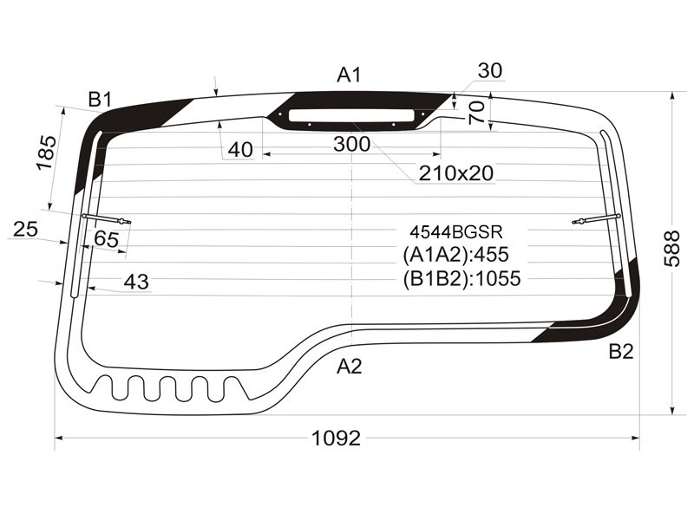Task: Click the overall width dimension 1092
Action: coord(337,439)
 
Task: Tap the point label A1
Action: coord(350,75)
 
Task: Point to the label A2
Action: coord(350,366)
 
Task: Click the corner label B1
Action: coord(100,100)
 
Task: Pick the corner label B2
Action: coord(621,352)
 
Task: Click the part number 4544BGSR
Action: coord(456,231)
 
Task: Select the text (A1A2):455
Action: coord(456,254)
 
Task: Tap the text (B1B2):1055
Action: coord(462,278)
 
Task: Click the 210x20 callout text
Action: coord(456,172)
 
